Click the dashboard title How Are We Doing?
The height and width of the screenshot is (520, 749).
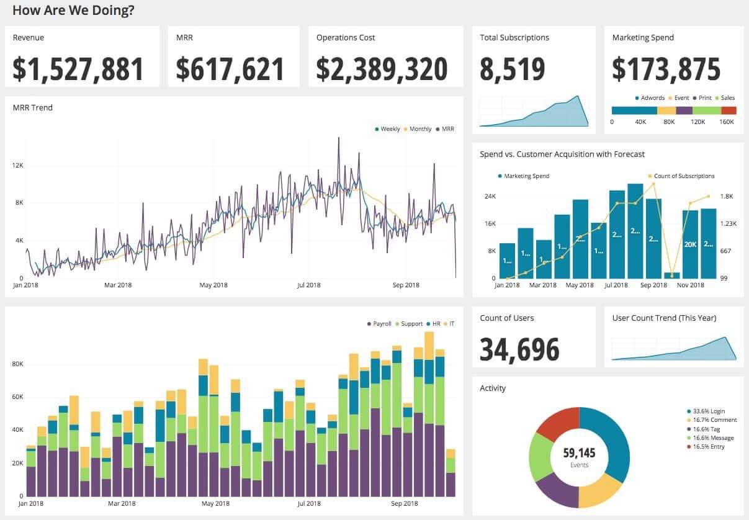[73, 11]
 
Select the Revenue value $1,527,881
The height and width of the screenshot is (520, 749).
[78, 69]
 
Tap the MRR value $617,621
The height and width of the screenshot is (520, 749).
[230, 69]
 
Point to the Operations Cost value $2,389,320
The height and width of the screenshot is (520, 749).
[382, 69]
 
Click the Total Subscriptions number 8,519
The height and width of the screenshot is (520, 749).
[512, 69]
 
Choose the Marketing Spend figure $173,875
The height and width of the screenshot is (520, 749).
[666, 69]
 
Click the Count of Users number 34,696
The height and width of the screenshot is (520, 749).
[519, 349]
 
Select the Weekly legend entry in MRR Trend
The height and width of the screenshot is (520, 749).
[389, 129]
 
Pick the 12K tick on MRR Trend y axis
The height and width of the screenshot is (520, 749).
[17, 166]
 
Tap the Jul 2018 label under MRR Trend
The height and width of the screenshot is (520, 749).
[308, 285]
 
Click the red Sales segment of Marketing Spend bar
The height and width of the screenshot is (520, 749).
[729, 110]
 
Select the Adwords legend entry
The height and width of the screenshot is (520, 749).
[652, 98]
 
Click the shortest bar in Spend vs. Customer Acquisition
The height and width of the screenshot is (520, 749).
[672, 275]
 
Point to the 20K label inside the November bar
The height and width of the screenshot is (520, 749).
[690, 244]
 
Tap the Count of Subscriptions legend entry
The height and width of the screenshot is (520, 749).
[683, 176]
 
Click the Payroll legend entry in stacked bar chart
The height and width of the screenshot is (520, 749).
[381, 324]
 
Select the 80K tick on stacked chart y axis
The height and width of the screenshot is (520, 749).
[17, 364]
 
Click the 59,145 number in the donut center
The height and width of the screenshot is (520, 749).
[579, 453]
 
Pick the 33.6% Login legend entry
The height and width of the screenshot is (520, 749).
[708, 411]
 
